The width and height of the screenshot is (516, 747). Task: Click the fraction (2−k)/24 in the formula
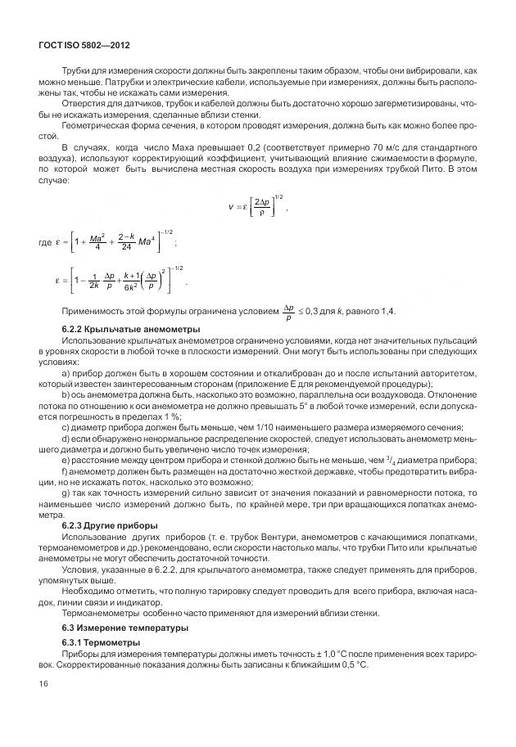125,242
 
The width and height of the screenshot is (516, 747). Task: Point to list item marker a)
66,373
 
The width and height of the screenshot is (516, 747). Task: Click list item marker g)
66,495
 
